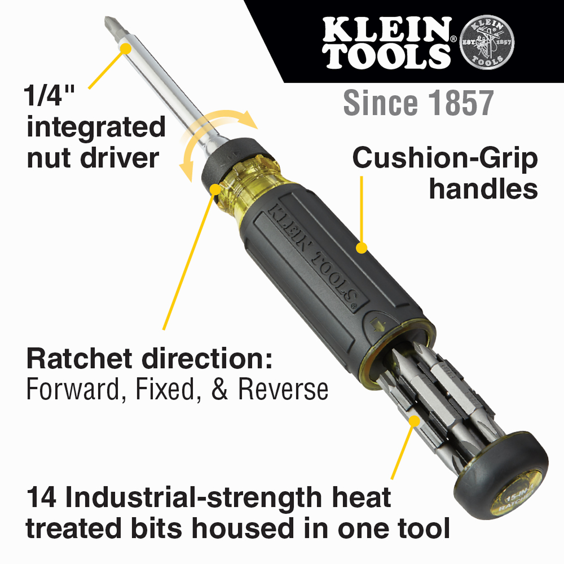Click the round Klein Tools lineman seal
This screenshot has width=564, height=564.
coord(487,42)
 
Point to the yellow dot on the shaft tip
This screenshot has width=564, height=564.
coord(125,49)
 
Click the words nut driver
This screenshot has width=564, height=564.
coord(93,158)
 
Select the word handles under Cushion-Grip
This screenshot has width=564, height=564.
coord(483,190)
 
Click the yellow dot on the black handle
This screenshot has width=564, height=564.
coord(362,248)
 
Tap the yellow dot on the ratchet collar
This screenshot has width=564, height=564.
coord(215,189)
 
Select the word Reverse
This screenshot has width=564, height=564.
coord(283,390)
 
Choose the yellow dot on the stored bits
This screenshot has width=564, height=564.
coord(414,421)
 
